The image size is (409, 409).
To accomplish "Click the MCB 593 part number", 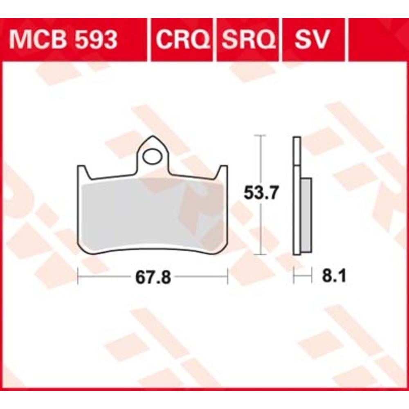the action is (x=63, y=40).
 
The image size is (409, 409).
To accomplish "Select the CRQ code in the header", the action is (x=183, y=40).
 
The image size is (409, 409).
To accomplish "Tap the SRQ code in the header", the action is (x=249, y=40).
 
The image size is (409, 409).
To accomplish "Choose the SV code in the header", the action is (x=312, y=40).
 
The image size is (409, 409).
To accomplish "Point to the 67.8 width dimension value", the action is (x=153, y=278).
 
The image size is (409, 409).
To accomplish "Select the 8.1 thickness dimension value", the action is (x=334, y=276).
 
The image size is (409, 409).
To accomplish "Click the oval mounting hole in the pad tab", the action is (x=152, y=157).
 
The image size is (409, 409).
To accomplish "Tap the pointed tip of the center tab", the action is (x=153, y=136).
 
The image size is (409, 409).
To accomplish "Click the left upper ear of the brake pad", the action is (x=84, y=172).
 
